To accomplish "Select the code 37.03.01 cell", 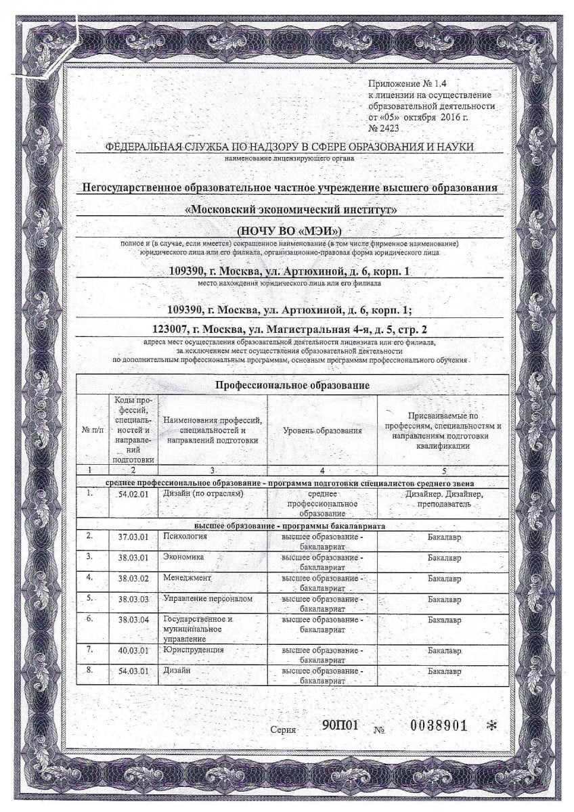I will [133, 537].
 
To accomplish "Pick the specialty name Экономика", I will [183, 556].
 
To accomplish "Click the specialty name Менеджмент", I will [187, 579].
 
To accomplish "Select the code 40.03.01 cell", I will [133, 651].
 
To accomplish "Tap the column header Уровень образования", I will [322, 430].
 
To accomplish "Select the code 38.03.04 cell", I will [133, 620].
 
